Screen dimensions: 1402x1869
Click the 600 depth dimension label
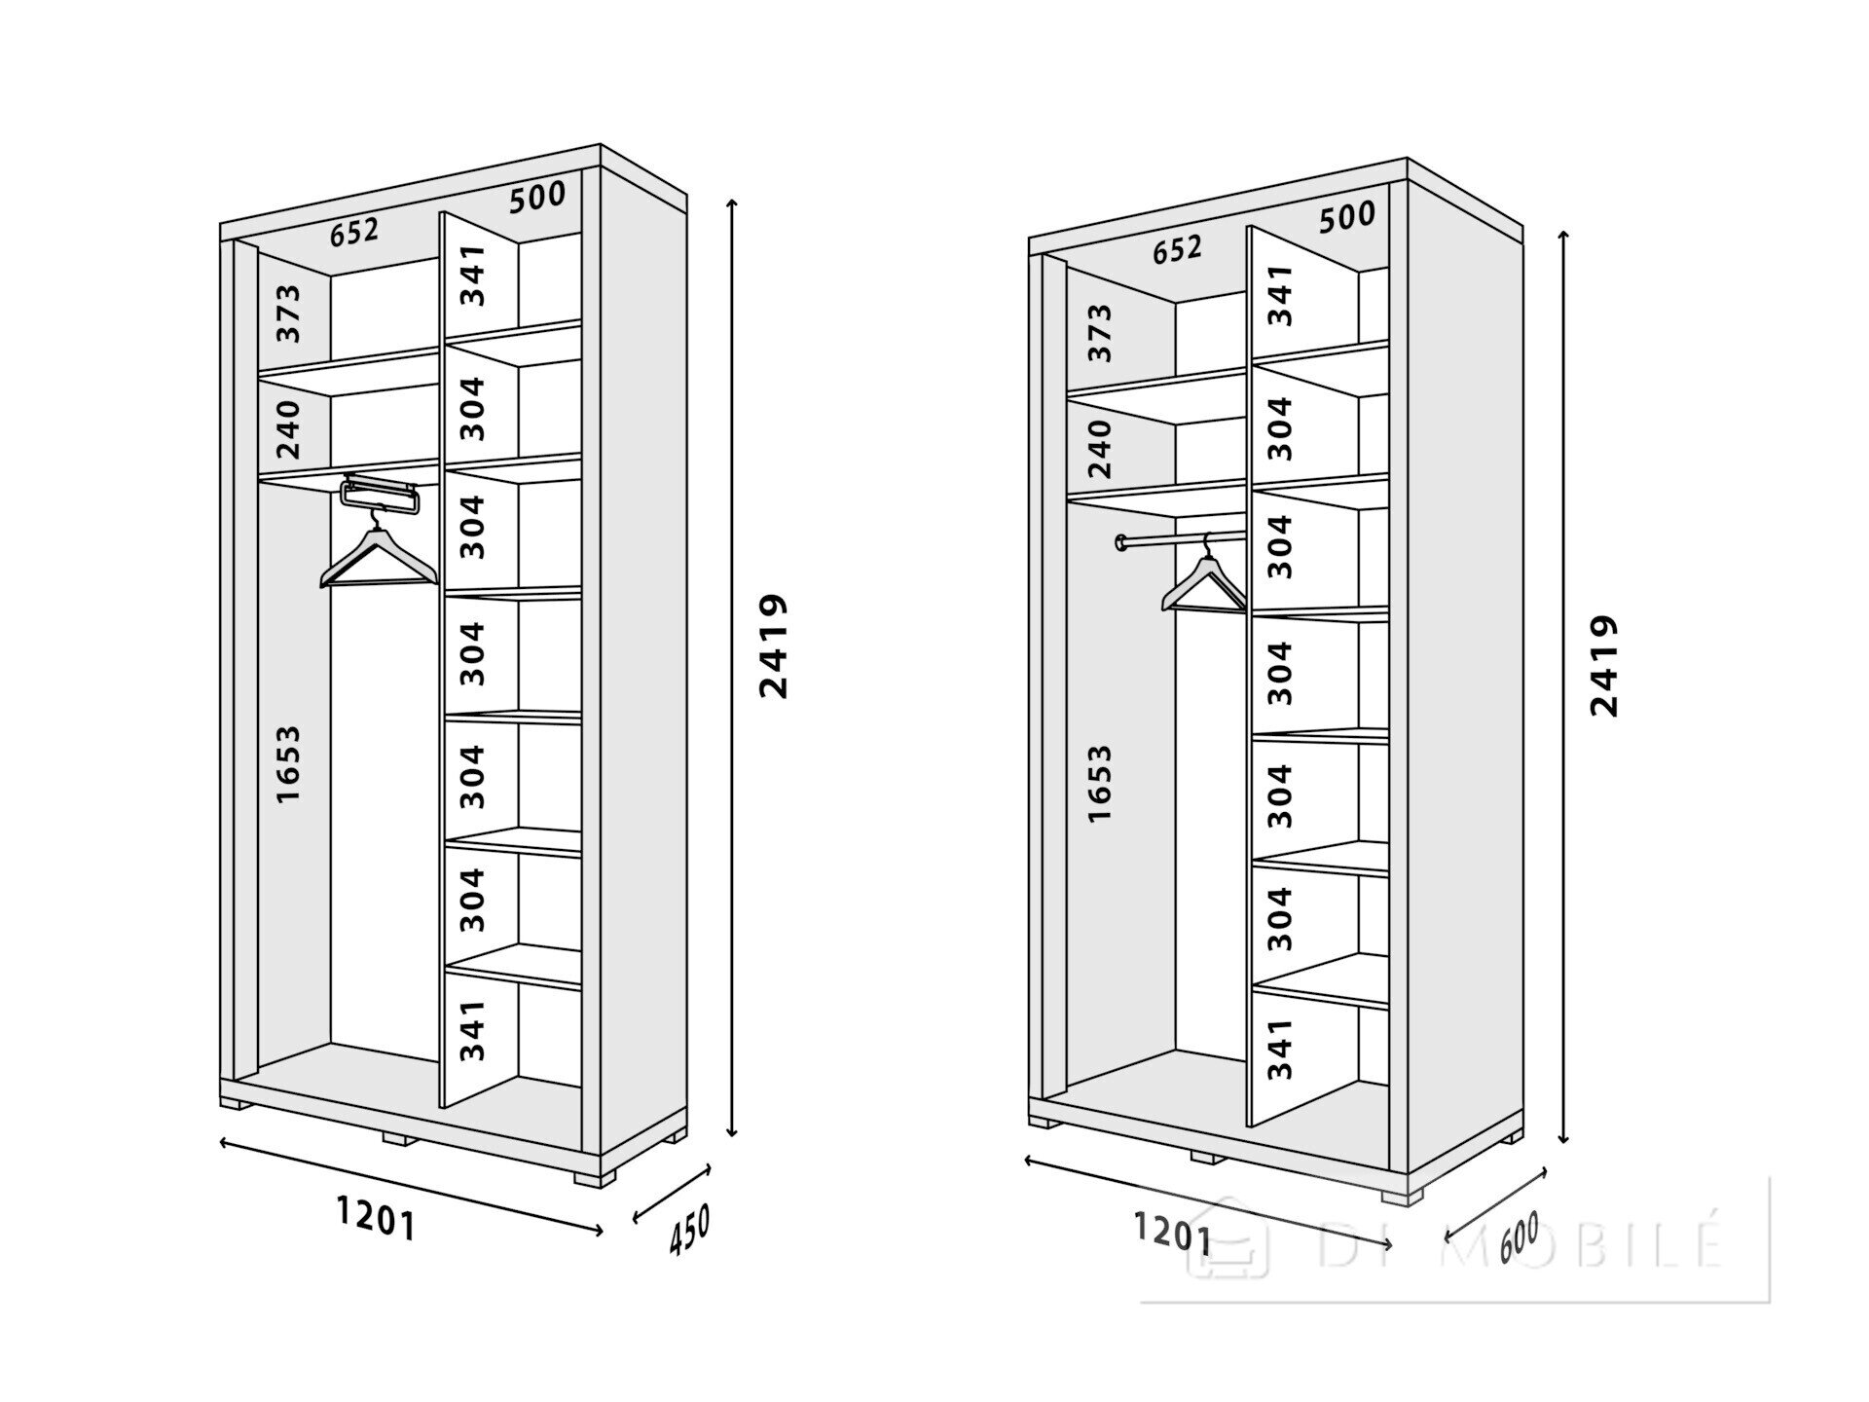pos(1519,1237)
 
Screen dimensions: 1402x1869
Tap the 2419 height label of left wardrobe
pos(774,646)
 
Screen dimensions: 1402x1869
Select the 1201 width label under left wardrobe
pos(377,1218)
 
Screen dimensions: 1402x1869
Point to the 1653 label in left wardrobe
pos(288,764)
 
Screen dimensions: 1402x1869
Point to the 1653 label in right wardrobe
pos(1099,785)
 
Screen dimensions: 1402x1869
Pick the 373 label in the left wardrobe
pos(289,313)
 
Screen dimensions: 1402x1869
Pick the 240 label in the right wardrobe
pos(1100,448)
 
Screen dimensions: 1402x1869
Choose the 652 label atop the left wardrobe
pos(354,233)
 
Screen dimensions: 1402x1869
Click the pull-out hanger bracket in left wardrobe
pos(381,495)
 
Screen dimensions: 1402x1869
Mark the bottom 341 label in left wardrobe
pos(472,1030)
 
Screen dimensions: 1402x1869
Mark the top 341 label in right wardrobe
pos(1281,295)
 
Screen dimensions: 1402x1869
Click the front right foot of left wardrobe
pos(595,1177)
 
